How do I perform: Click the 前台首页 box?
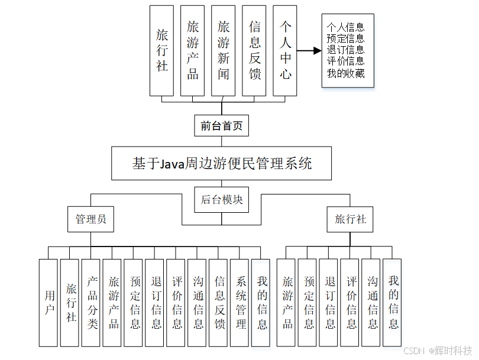pos(222,125)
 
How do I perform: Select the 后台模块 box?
pos(222,200)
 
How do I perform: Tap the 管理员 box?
pos(90,219)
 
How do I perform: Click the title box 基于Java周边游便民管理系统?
pos(222,163)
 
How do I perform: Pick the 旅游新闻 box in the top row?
pos(224,50)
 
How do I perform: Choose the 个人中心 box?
pos(286,50)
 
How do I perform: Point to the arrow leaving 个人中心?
pos(308,51)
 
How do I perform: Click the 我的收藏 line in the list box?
pos(346,74)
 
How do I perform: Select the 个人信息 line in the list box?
pos(346,27)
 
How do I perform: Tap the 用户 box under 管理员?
pos(50,302)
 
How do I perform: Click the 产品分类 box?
pos(92,302)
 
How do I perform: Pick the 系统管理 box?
pos(241,302)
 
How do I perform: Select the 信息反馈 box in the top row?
pos(255,50)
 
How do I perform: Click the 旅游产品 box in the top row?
pos(193,50)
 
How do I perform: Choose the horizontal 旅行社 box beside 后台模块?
pos(350,219)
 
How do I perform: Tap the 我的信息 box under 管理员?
pos(262,302)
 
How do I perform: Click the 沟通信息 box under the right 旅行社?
pos(373,302)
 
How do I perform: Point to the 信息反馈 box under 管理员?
pos(220,302)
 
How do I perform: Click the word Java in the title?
pos(173,164)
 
